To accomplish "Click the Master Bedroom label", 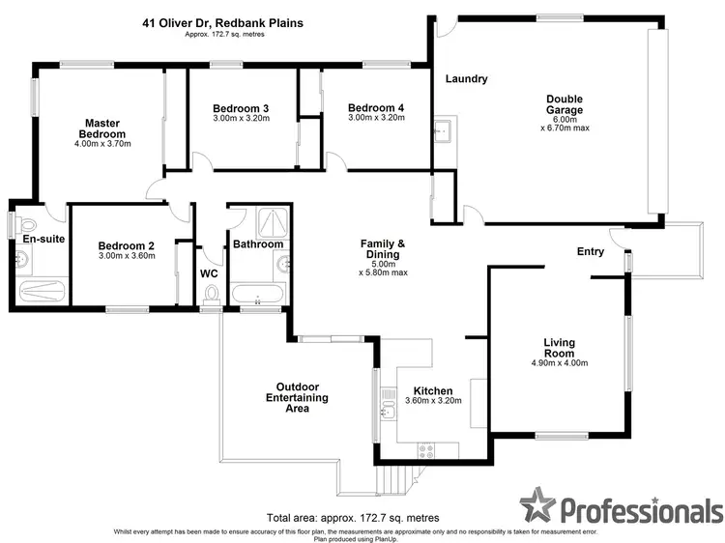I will tap(101, 129).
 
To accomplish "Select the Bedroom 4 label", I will tap(375, 107).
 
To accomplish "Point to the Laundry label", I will tap(466, 79).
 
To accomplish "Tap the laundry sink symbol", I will tap(445, 129).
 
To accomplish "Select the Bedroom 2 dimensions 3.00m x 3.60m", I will tap(126, 257).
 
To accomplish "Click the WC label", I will tap(209, 273).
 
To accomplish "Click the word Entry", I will tap(590, 252).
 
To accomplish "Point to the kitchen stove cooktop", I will tap(425, 448).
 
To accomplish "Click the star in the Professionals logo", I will tap(538, 505).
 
